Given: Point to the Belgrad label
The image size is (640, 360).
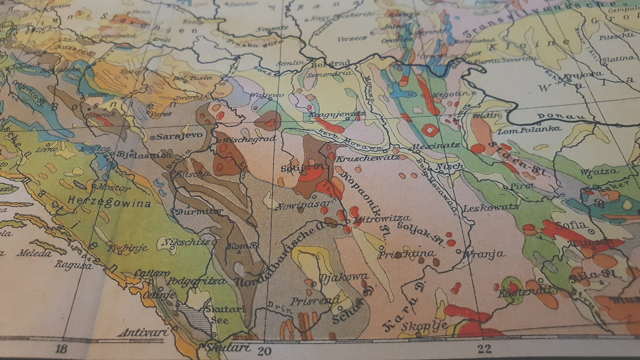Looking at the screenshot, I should [329, 64].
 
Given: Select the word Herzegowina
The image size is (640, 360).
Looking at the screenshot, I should [110, 201].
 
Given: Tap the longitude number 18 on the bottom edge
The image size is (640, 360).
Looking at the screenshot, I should [62, 349].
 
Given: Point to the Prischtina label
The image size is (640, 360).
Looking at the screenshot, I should [407, 254].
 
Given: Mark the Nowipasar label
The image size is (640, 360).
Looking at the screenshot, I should [303, 206].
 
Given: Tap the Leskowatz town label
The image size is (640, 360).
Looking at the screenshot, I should [490, 208].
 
